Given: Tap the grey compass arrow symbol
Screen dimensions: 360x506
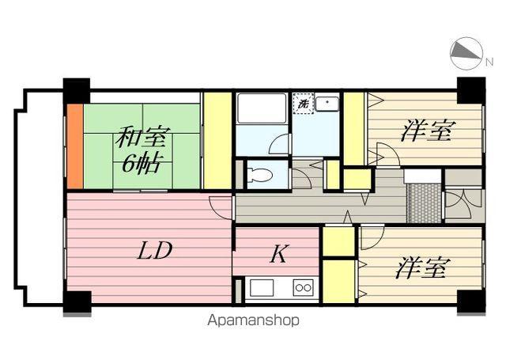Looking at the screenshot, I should (x=465, y=54).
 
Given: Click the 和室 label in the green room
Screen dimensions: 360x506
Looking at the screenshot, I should (x=142, y=137).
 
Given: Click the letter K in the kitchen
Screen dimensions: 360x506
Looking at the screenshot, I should (x=278, y=255).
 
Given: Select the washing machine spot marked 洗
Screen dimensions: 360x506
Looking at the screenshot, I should (x=302, y=104).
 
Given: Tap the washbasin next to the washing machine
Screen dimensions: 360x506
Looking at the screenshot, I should (x=326, y=104).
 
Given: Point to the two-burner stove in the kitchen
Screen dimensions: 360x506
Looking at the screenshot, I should (x=303, y=287).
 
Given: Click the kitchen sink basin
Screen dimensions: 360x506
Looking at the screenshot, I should (x=262, y=287).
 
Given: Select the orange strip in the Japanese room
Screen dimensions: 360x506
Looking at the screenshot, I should (x=74, y=146).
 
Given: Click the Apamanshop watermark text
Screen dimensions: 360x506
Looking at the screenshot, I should (x=253, y=321).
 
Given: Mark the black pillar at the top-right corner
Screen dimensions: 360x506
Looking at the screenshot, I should (x=470, y=89).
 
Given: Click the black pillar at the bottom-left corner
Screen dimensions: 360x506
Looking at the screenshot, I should (x=77, y=302).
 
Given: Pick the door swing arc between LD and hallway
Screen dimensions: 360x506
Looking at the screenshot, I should (x=221, y=205).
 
